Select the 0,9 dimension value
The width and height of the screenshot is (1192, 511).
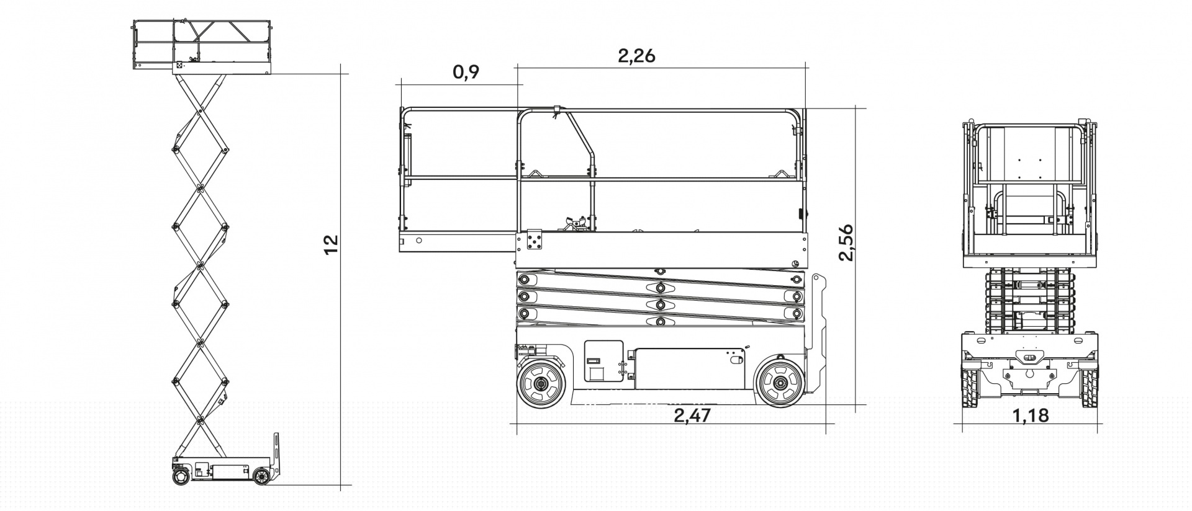tap(466, 72)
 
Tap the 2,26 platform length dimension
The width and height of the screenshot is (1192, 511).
tap(636, 56)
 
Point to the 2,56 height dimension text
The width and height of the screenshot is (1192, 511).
tap(846, 242)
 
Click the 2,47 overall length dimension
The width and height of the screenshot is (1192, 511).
tap(692, 415)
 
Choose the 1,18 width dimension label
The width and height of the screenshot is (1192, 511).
tap(1031, 415)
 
